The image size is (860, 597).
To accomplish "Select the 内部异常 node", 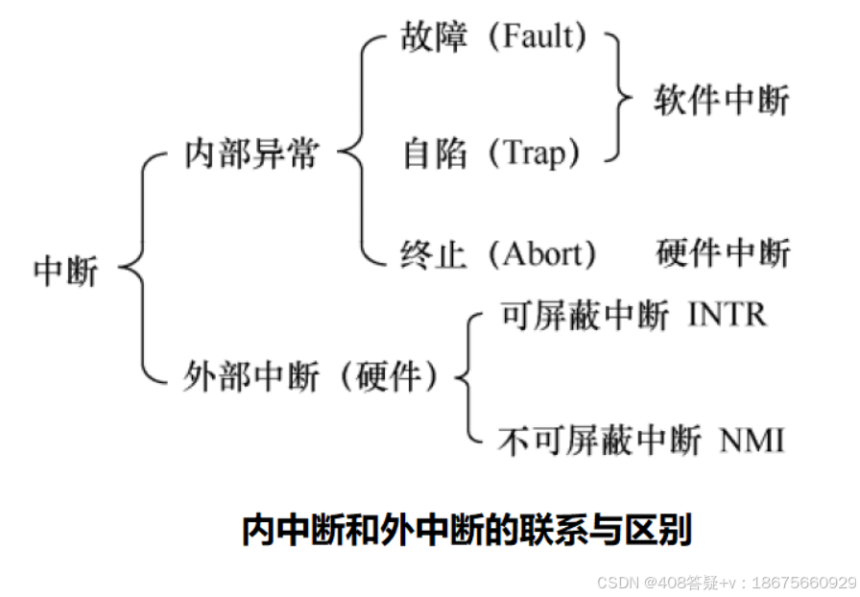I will [x=251, y=154].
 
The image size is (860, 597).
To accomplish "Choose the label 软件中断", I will [x=723, y=99].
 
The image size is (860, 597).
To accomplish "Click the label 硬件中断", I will [x=723, y=253].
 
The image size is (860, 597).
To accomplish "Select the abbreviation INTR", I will [x=728, y=316].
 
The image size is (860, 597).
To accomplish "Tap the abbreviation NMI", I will [x=752, y=441].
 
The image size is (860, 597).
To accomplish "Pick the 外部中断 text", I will [x=251, y=377].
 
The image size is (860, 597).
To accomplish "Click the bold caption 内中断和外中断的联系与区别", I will [x=466, y=530].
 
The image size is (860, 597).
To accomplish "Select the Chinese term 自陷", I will [x=433, y=154].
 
